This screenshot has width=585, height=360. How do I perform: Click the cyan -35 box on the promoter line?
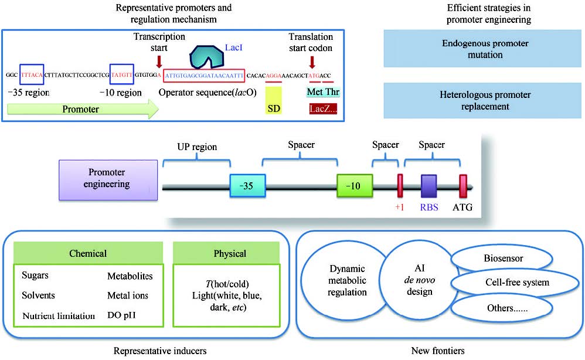(247, 186)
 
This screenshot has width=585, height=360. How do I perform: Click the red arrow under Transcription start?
(159, 61)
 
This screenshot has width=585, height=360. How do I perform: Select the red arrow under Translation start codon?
(312, 61)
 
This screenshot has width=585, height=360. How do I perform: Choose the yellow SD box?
(273, 100)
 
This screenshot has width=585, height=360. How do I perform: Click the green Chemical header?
(89, 254)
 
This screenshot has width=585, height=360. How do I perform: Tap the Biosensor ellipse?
(504, 257)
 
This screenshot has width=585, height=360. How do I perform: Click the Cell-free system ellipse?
(516, 283)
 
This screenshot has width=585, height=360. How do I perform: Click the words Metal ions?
(127, 296)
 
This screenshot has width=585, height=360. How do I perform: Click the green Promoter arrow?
(82, 110)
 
